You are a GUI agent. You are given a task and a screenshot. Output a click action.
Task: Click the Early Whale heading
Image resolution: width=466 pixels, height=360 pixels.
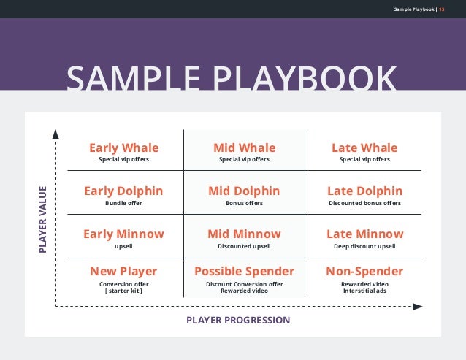point(123,148)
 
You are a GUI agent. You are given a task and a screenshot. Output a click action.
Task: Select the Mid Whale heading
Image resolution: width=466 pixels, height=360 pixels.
point(244,148)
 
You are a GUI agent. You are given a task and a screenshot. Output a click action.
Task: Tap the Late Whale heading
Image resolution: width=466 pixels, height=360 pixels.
point(364,148)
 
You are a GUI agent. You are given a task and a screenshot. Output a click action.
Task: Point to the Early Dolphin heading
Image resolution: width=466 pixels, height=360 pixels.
point(123,191)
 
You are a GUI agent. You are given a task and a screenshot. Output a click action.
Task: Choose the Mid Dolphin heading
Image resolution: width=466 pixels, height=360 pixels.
point(244,191)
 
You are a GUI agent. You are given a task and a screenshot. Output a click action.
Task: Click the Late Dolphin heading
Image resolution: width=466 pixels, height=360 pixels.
point(364,191)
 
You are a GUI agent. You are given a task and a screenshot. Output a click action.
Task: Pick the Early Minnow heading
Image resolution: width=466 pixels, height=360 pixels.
point(123,234)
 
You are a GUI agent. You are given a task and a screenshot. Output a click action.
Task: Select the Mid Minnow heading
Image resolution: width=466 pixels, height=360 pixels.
point(244,234)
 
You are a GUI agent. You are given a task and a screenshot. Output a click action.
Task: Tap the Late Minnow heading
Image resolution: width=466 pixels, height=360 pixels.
point(364,234)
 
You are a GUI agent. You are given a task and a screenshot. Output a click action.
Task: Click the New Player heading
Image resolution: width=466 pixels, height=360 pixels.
point(123,272)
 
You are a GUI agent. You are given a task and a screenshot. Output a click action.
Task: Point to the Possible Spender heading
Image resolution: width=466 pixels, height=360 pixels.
point(244,272)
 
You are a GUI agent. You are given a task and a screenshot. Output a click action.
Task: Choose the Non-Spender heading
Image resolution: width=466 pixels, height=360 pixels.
point(364,272)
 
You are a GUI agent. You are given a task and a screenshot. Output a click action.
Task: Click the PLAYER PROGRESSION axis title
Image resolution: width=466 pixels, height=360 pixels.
point(238,321)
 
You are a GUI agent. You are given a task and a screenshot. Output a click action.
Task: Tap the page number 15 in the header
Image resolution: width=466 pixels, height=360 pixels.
point(442,9)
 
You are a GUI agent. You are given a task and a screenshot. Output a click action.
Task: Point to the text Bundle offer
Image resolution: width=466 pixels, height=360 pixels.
point(123,203)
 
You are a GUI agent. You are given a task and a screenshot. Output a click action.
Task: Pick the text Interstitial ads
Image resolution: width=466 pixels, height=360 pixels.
point(364,291)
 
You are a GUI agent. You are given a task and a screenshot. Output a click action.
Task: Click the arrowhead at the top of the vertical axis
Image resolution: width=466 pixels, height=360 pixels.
point(54,134)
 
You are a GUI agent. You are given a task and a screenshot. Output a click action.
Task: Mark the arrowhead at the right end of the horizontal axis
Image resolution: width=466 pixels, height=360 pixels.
point(418,307)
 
